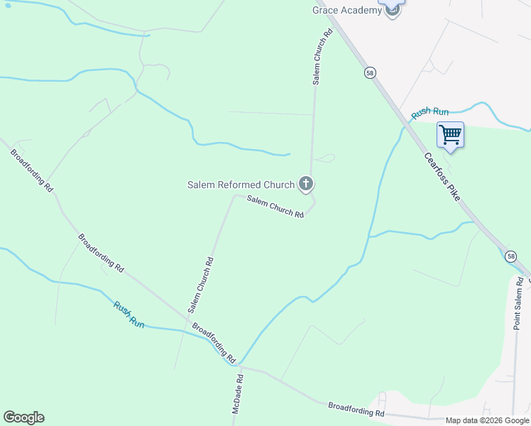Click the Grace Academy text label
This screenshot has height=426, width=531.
[347, 11]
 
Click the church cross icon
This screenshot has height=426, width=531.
[306, 185]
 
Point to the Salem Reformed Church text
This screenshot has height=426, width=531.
[241, 185]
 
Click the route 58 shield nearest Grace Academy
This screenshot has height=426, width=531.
[370, 73]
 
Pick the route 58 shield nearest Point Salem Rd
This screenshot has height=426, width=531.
[511, 256]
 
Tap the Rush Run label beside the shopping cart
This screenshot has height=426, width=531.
[430, 112]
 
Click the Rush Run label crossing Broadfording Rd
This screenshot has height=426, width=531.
[128, 315]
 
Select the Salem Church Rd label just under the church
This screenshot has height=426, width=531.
[275, 207]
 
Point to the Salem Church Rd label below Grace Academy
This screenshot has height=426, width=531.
[322, 58]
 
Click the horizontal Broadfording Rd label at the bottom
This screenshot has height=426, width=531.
[356, 410]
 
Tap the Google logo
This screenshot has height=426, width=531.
[23, 417]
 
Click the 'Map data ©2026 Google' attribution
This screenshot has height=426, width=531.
[487, 420]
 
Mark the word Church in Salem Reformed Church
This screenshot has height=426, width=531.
[276, 185]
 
